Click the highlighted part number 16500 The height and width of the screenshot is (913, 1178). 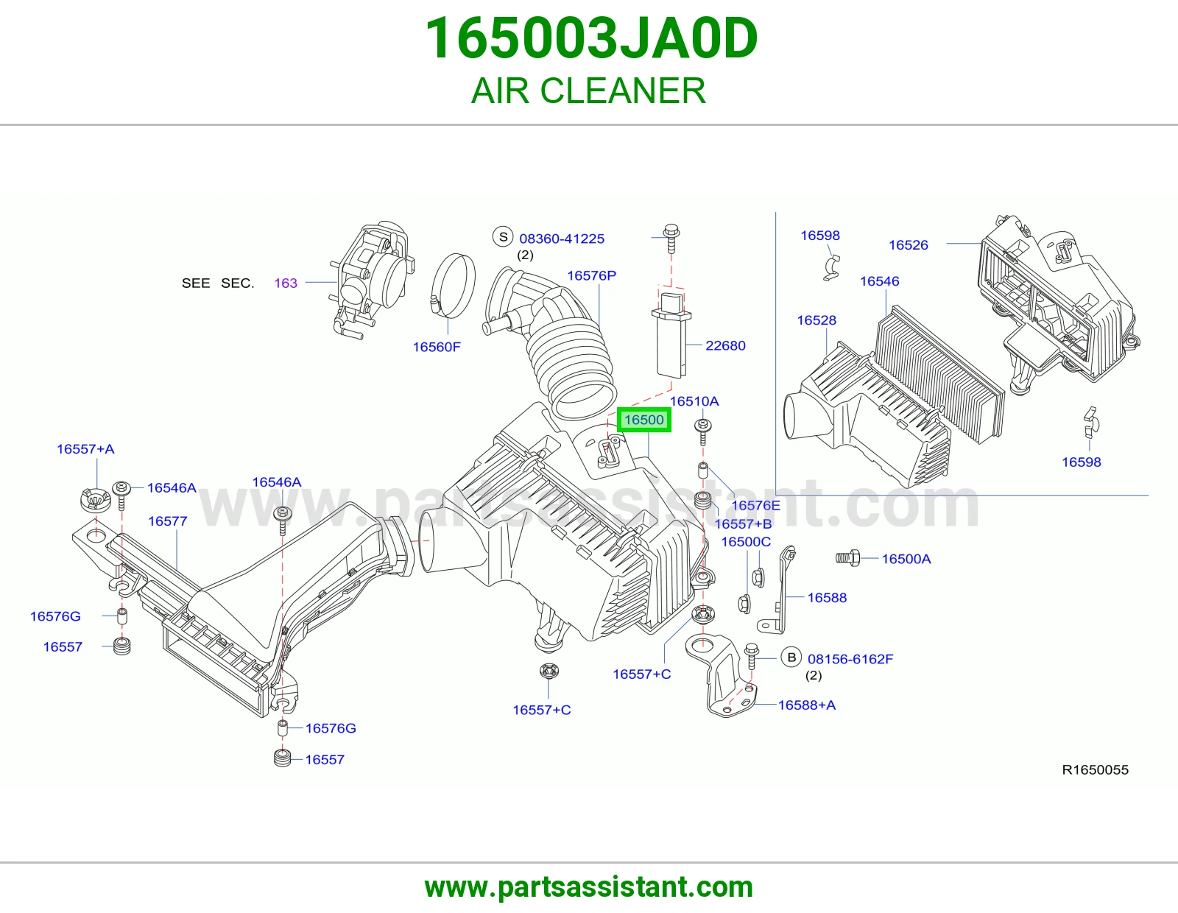(x=643, y=420)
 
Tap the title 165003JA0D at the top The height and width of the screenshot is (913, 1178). (x=591, y=38)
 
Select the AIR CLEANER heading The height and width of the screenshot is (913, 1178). (x=589, y=91)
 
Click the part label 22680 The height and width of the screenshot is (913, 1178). (x=725, y=345)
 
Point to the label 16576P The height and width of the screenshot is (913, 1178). (x=591, y=275)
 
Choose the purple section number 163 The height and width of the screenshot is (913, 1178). (x=286, y=283)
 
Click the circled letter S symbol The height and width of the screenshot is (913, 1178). (x=503, y=237)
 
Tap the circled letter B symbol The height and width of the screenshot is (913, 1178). (x=791, y=657)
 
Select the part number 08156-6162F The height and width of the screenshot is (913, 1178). (x=850, y=659)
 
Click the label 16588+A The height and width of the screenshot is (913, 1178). (x=807, y=705)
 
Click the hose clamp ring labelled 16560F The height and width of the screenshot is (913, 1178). (x=454, y=286)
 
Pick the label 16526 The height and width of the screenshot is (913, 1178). (x=908, y=245)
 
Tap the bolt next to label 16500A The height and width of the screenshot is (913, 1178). (x=848, y=557)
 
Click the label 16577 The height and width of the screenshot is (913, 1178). (x=168, y=521)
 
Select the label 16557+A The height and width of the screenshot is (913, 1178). (x=85, y=449)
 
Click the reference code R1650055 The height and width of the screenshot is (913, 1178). (x=1095, y=770)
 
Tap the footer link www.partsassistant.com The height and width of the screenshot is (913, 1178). (x=589, y=887)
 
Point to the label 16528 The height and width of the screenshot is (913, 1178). (x=817, y=320)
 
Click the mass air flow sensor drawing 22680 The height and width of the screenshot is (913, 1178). (x=671, y=334)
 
